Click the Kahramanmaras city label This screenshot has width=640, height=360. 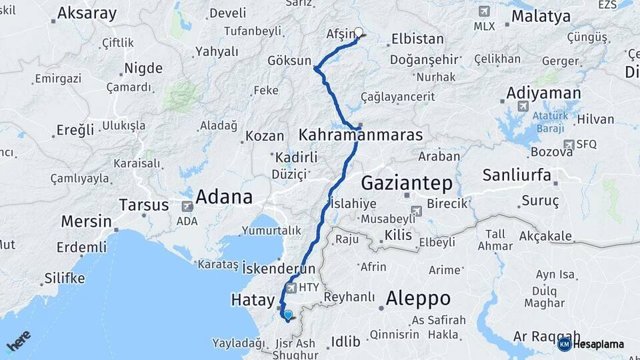361,135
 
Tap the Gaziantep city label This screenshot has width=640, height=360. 407,183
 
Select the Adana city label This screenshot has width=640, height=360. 223,197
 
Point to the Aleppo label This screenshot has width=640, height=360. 418,297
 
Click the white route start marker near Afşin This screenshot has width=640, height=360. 359,32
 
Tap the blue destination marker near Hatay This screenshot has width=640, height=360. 288,315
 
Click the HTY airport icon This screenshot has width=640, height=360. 291,288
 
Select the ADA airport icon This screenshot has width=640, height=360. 187,207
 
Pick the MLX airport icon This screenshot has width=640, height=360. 484,11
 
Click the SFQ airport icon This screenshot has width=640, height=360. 569,144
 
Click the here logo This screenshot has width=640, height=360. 18,340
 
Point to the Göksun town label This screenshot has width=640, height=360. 289,61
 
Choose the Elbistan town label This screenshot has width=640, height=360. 417,39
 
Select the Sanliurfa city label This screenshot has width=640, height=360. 517,175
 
